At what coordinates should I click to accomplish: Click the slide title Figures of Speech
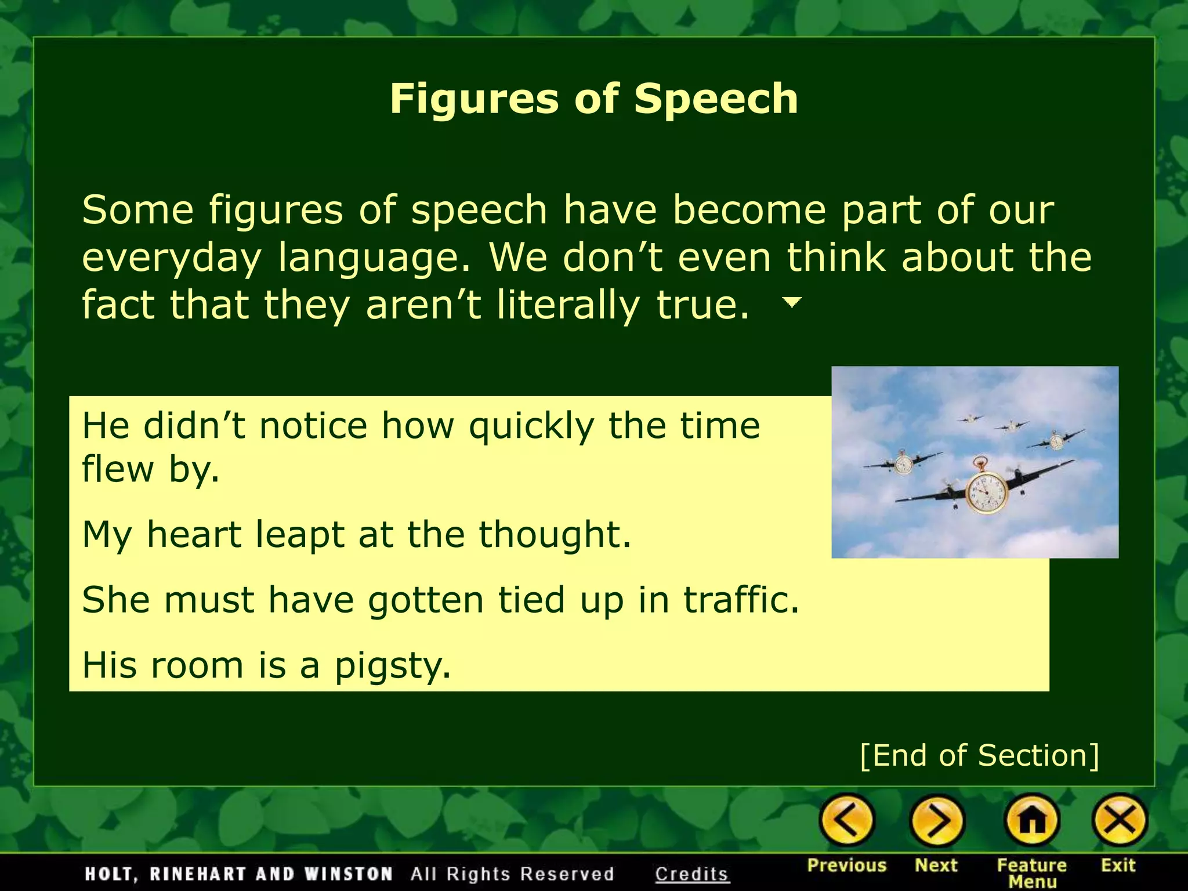tap(593, 99)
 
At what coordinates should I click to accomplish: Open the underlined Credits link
tap(691, 874)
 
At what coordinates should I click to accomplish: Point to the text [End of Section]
tap(979, 755)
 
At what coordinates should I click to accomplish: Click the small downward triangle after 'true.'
tap(792, 302)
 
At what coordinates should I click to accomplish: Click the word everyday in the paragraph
tap(172, 258)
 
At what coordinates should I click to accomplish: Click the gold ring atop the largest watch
tap(980, 462)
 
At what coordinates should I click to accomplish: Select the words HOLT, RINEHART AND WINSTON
tap(238, 874)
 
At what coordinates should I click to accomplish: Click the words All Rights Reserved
tap(512, 874)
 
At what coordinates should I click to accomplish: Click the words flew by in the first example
tap(150, 469)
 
